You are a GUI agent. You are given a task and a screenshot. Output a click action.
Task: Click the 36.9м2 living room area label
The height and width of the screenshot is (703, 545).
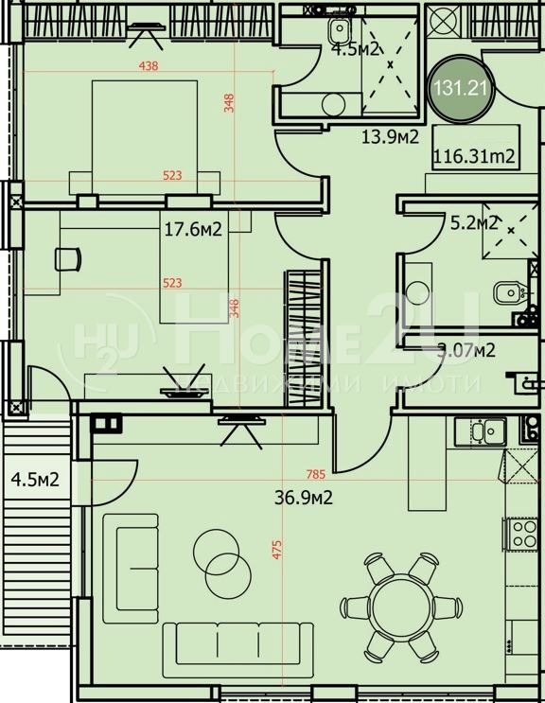click(x=304, y=495)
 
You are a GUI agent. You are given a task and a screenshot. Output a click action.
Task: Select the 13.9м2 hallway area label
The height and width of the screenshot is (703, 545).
click(x=391, y=136)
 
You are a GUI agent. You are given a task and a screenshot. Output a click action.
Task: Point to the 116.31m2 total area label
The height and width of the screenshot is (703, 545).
click(x=473, y=156)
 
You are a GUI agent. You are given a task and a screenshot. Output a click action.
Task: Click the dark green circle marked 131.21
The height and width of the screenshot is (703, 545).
click(x=461, y=88)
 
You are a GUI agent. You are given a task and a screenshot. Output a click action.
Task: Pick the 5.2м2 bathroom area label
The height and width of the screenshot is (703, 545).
click(x=473, y=223)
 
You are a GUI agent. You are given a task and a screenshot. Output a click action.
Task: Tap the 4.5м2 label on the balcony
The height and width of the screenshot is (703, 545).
click(x=35, y=479)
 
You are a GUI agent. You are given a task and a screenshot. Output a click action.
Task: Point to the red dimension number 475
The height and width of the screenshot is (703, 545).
click(x=277, y=550)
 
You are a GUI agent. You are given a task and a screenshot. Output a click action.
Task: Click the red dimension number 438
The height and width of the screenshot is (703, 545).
click(x=148, y=66)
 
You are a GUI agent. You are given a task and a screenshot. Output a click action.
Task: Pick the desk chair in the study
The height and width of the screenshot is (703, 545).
click(x=66, y=257)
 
